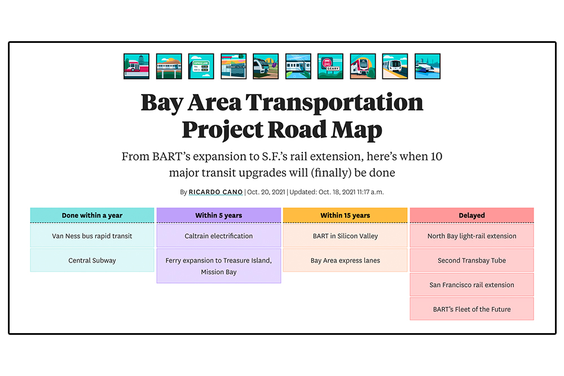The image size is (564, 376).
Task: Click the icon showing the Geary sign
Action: (330, 67)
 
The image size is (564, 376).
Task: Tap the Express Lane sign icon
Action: (201, 67)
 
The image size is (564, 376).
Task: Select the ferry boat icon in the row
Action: (427, 67)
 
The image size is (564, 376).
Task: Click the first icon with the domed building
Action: (136, 67)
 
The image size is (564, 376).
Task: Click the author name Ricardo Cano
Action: (216, 192)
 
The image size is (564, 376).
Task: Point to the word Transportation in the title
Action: (334, 102)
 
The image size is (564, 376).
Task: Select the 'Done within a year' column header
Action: (92, 215)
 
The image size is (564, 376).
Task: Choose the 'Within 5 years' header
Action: (218, 215)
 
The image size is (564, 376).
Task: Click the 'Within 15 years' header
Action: (345, 215)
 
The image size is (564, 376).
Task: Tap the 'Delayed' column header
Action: (472, 215)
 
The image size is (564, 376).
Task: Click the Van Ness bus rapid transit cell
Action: (92, 236)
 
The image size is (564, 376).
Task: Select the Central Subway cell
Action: (92, 260)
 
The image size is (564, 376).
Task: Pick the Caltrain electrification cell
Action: (218, 236)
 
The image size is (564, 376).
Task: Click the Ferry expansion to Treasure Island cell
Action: (218, 266)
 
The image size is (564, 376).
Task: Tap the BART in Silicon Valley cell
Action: (345, 236)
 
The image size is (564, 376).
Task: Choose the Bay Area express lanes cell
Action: (345, 260)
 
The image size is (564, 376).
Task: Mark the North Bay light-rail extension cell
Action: (472, 236)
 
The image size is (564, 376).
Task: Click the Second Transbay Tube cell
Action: (472, 260)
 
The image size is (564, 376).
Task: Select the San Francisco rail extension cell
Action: (472, 285)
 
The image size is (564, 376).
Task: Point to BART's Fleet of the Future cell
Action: (472, 309)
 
